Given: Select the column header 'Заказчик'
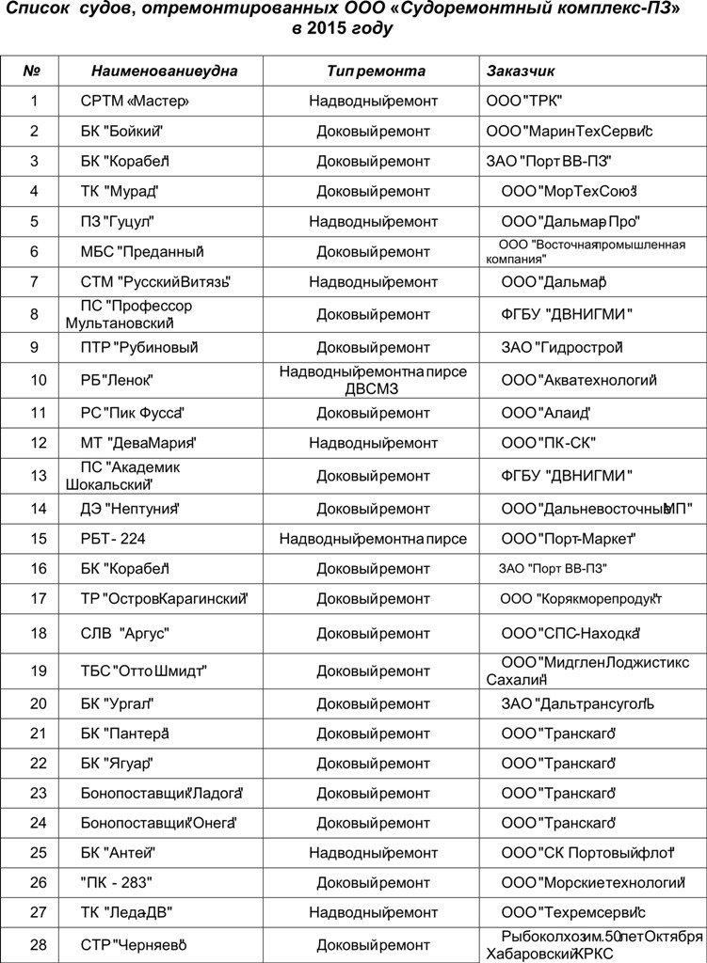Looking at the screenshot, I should tap(521, 71).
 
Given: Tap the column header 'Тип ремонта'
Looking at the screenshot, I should tap(377, 71).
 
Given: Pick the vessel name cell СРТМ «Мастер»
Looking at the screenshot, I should tap(136, 101).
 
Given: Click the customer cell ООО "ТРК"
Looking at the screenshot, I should tap(526, 101).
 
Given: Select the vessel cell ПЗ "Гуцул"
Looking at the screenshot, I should tap(118, 222).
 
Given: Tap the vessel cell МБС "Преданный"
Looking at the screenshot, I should tap(143, 252).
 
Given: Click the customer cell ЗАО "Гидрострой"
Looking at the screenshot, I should tap(563, 348).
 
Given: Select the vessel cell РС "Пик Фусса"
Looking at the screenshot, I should tap(131, 412).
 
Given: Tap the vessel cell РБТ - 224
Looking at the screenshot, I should tap(113, 539).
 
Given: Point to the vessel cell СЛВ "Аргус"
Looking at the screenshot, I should tap(125, 633).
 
